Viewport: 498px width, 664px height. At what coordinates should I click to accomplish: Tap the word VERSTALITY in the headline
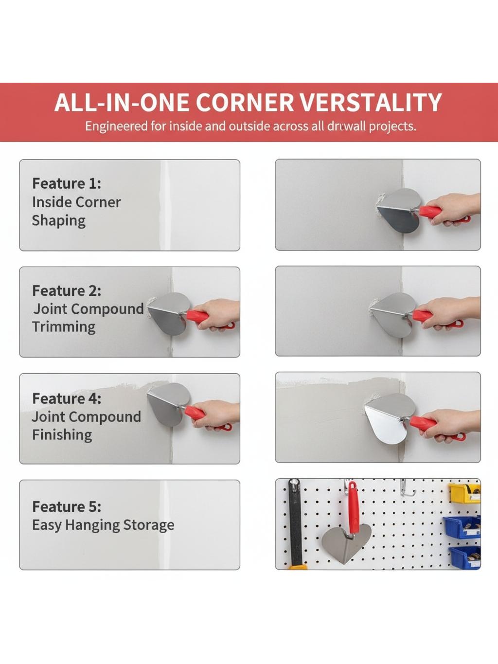pos(371,102)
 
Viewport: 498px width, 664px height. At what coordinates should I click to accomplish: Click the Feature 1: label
pos(67,183)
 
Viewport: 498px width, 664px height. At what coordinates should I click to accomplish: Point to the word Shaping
pos(59,220)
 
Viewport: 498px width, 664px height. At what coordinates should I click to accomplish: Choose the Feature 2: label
pos(67,291)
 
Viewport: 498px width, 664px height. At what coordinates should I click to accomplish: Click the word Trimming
pos(64,327)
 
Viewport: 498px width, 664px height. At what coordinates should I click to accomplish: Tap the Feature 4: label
pos(67,398)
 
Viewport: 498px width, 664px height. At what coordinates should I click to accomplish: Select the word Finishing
pos(62,435)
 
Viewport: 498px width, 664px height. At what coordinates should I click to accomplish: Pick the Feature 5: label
pos(67,506)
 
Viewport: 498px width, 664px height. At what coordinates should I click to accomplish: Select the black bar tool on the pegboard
pos(295,523)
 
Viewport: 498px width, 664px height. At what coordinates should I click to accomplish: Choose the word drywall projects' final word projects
pos(392,126)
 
